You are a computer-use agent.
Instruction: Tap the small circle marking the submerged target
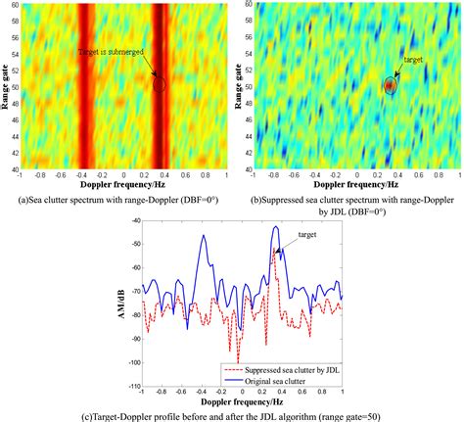coord(160,85)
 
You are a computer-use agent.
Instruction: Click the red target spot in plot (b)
coord(390,86)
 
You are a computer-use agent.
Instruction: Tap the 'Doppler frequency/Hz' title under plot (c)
coord(239,401)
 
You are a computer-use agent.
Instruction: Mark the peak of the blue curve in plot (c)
coord(276,228)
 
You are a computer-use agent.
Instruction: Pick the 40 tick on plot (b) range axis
coord(250,169)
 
